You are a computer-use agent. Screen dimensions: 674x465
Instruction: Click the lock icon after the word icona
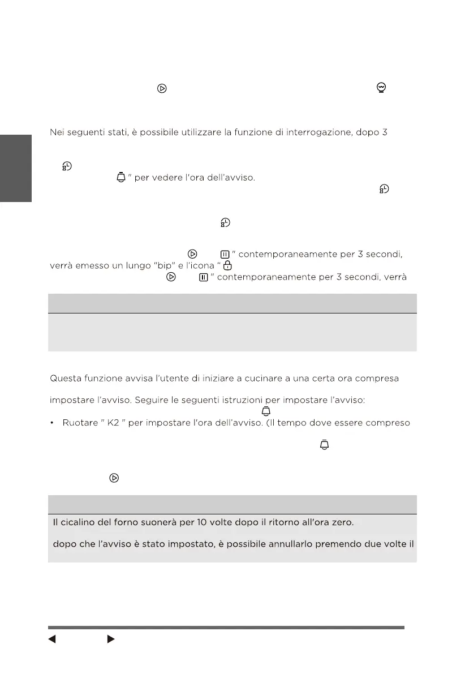pos(227,265)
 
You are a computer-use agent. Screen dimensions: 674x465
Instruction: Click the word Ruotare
pos(79,423)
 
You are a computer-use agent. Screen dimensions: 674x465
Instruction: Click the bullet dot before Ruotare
pos(53,423)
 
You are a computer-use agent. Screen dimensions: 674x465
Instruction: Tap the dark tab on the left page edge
pos(15,168)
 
